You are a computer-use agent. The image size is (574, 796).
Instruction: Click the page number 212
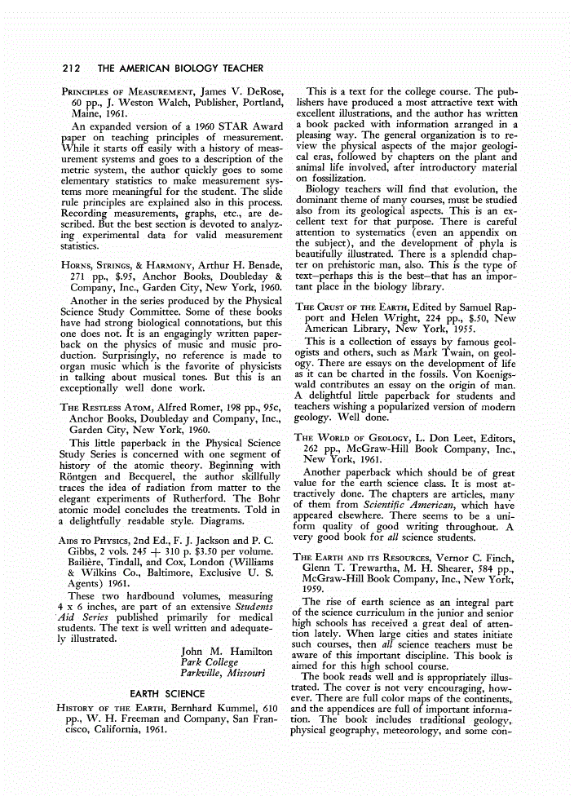(73, 65)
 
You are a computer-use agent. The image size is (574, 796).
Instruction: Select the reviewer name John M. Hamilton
(226, 652)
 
